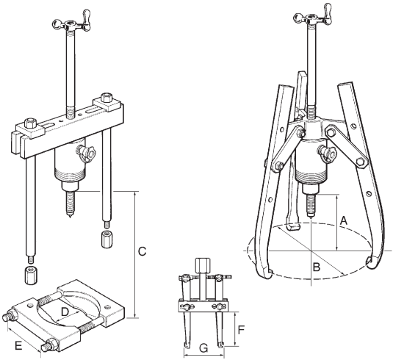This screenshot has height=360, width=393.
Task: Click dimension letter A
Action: click(344, 221)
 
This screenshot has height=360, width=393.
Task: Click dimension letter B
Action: click(317, 267)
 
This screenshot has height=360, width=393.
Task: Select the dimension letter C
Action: click(142, 251)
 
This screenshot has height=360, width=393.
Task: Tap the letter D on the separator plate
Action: click(65, 312)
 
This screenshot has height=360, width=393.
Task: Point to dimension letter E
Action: click(18, 346)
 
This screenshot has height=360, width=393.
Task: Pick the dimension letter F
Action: click(241, 330)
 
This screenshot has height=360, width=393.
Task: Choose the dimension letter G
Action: click(203, 348)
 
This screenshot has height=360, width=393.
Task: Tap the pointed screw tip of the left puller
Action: click(68, 216)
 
